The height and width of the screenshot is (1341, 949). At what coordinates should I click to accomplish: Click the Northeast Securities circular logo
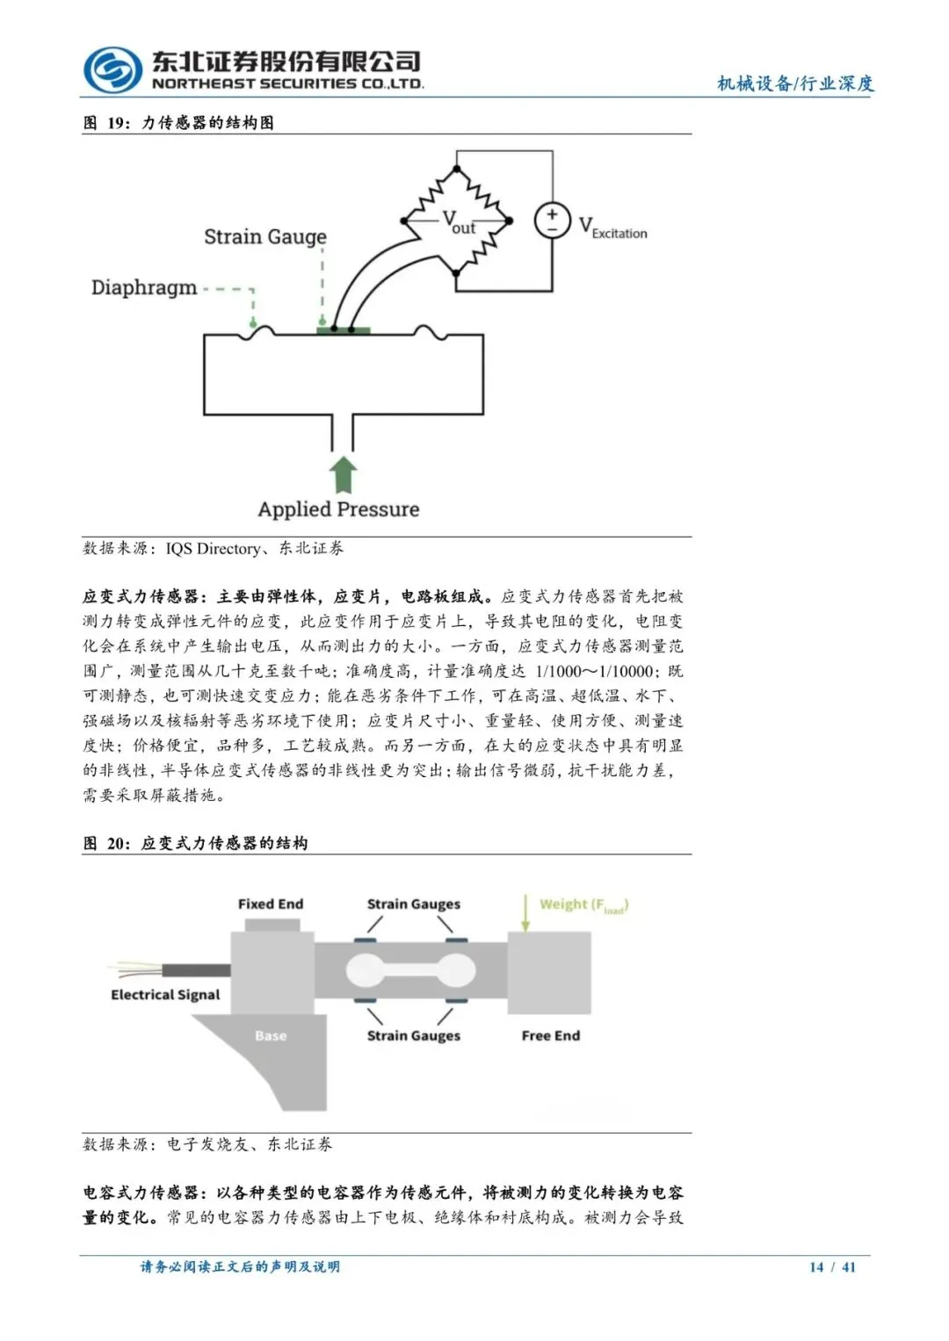click(x=112, y=70)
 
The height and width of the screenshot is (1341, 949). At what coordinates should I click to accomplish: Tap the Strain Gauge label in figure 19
click(x=264, y=236)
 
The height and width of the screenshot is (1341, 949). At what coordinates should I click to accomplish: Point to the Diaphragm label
click(x=144, y=287)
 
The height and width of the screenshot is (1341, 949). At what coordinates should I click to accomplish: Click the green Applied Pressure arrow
click(x=343, y=474)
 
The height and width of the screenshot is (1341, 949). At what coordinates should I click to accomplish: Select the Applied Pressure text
click(x=338, y=509)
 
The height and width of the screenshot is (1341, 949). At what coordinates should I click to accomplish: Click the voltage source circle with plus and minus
click(x=552, y=220)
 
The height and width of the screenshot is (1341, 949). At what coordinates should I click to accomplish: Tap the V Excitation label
click(x=612, y=228)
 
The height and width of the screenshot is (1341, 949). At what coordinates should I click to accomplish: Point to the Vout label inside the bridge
click(x=458, y=222)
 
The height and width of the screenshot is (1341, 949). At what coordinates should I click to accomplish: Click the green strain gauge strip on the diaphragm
click(x=344, y=330)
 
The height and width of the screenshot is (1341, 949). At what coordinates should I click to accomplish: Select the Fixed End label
click(x=271, y=904)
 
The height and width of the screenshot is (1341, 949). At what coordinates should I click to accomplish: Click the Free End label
click(x=551, y=1035)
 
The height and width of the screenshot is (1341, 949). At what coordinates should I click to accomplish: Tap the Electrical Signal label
click(x=165, y=994)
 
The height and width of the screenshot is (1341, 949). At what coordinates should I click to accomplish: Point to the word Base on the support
click(x=271, y=1035)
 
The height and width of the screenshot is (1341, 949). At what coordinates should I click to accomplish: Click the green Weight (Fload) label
click(x=583, y=905)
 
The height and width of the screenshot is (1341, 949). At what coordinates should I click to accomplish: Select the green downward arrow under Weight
click(x=525, y=913)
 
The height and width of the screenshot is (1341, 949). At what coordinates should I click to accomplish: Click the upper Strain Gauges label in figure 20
click(x=413, y=904)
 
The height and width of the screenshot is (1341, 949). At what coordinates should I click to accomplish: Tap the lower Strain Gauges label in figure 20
click(x=413, y=1035)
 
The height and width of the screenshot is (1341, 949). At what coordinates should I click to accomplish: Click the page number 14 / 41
click(x=832, y=1266)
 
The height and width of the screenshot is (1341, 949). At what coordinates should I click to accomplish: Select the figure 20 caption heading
click(x=195, y=843)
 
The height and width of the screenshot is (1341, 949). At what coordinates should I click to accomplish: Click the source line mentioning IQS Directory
click(x=214, y=548)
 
